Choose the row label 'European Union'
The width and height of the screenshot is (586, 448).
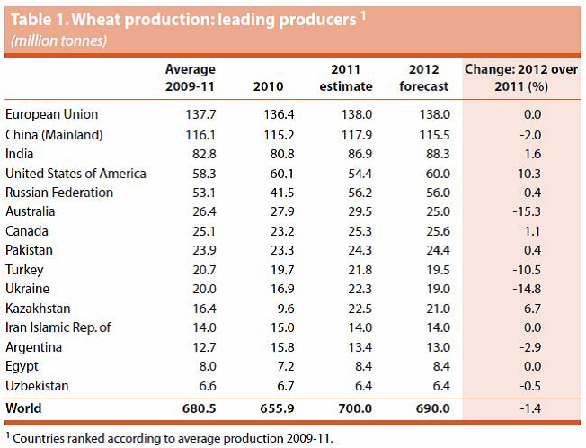coord(51,115)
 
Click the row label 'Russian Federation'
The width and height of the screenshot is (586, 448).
coord(59,193)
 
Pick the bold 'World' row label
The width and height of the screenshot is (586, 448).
coord(24,408)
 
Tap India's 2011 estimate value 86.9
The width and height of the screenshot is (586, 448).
coord(346,154)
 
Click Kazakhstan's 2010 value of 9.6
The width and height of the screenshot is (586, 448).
coord(271,309)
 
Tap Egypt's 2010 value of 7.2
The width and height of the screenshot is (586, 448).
coord(271,366)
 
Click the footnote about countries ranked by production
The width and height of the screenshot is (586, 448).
coord(170,438)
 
